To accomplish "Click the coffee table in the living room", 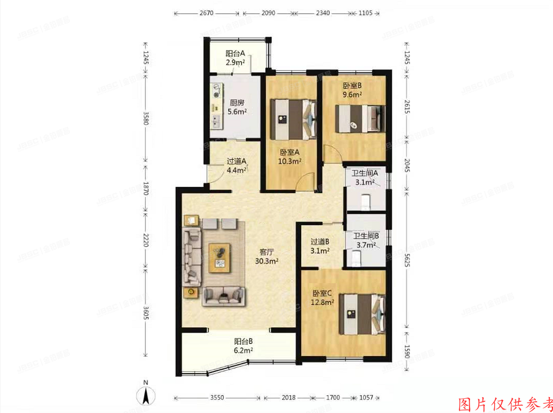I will (x=219, y=257).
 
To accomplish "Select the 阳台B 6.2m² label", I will (x=243, y=345).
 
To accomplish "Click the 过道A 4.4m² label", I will (x=236, y=166).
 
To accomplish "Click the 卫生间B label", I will (x=366, y=241).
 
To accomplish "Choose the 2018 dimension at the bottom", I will (x=289, y=398).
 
